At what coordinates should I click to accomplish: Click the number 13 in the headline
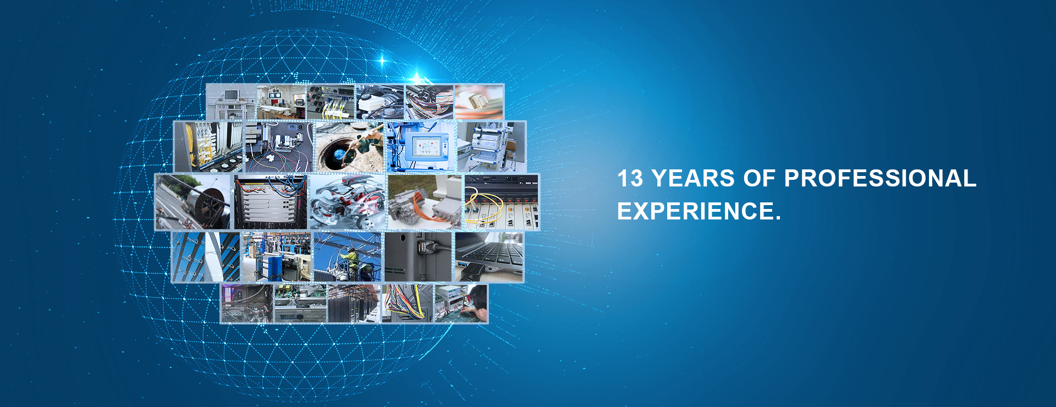tap(630, 179)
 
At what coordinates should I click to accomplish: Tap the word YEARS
tap(693, 179)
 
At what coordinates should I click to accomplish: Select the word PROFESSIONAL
tap(880, 179)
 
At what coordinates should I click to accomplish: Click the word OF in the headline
tap(759, 179)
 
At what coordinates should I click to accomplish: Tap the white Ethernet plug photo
tap(479, 102)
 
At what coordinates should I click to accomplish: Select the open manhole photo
tap(349, 146)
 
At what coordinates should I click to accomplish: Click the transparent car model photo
tap(347, 202)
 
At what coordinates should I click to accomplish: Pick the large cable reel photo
tap(193, 202)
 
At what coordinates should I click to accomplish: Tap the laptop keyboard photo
tap(489, 257)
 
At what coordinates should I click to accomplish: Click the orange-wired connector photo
tap(425, 202)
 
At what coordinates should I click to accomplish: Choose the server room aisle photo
tap(354, 304)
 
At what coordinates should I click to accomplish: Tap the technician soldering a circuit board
tap(461, 304)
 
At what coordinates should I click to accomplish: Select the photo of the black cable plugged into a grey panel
tap(418, 257)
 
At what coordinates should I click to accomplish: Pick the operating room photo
tap(281, 102)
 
